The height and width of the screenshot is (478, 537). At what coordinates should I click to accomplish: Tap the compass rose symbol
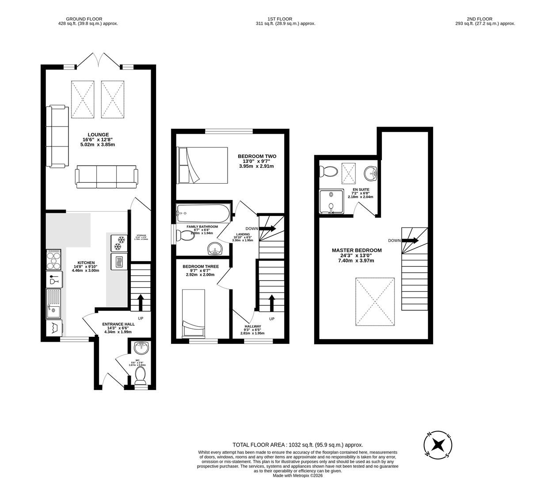(438, 444)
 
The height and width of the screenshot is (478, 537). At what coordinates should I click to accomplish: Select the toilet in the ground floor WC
(141, 376)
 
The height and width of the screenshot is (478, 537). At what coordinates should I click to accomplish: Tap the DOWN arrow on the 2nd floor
(410, 240)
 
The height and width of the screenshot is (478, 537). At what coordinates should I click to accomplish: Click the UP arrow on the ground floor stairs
(141, 303)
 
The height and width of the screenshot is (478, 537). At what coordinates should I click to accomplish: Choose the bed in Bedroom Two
(202, 165)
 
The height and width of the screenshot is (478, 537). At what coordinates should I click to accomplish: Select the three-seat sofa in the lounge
(106, 175)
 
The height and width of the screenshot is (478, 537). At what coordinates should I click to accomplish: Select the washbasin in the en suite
(370, 173)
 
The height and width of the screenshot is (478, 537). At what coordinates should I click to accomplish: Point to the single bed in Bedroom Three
(193, 313)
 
